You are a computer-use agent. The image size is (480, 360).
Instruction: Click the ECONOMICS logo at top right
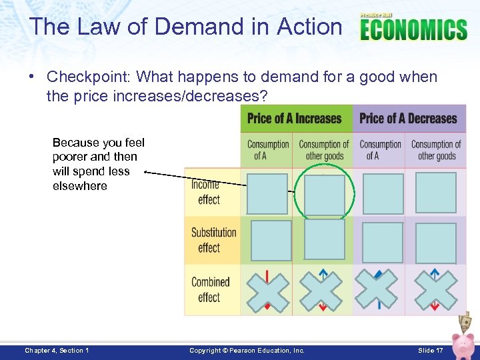413,28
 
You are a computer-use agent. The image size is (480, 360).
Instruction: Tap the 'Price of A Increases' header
294,119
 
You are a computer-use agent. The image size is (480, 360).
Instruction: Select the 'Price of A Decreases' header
408,119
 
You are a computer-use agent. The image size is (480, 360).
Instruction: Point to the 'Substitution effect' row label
213,240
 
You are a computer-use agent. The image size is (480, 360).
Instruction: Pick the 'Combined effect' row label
210,289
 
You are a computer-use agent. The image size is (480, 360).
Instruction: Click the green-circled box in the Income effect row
324,194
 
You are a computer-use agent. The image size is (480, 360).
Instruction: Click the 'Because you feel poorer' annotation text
98,164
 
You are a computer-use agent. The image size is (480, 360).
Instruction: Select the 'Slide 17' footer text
431,350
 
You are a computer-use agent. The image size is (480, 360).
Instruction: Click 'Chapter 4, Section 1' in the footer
57,350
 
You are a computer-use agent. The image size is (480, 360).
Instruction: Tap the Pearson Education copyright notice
247,350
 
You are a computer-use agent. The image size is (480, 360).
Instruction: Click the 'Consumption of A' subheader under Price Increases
268,150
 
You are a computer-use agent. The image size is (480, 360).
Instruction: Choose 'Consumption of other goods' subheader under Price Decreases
436,150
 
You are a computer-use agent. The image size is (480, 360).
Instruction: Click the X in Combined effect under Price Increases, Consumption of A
268,291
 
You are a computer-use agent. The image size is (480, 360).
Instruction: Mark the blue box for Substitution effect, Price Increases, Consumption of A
271,241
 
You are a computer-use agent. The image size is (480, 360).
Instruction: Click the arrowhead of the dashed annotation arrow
147,172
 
